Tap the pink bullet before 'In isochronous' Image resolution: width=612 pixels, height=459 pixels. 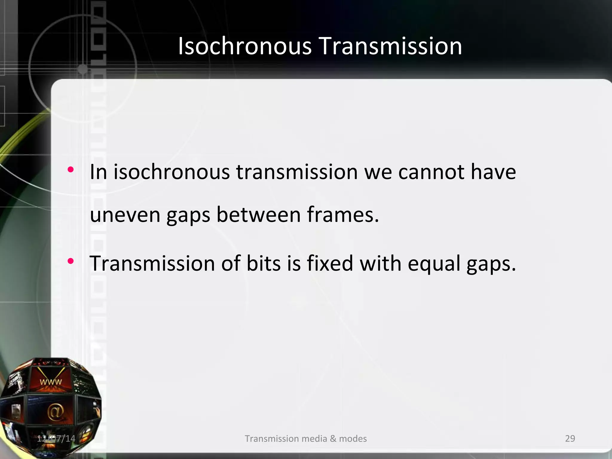point(71,170)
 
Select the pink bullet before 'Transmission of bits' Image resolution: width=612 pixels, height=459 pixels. point(71,261)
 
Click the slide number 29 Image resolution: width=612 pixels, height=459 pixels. point(570,438)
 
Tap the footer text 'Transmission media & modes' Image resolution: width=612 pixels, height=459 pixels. point(306,438)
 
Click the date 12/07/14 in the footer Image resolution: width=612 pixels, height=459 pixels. point(56,438)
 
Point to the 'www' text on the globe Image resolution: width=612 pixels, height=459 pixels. point(51,382)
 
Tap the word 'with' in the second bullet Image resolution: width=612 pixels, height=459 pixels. point(380,263)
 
